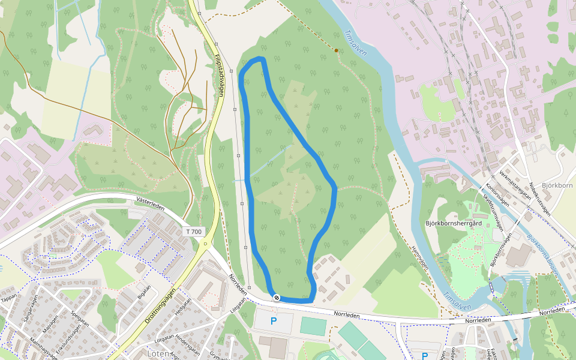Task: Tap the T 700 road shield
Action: pyautogui.click(x=193, y=232)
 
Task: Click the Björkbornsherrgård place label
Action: pyautogui.click(x=454, y=223)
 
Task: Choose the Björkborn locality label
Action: pyautogui.click(x=557, y=185)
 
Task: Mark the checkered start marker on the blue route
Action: pyautogui.click(x=277, y=298)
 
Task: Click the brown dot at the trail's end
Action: pyautogui.click(x=336, y=50)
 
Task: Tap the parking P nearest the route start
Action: pyautogui.click(x=274, y=321)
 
